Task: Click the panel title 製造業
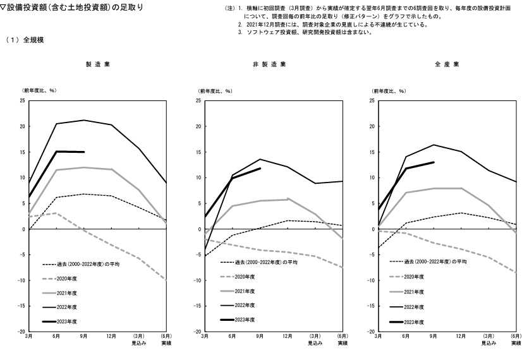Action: click(x=98, y=64)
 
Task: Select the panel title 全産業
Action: click(x=447, y=64)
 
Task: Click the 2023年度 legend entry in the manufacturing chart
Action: click(x=67, y=321)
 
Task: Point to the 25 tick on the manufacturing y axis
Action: click(x=23, y=100)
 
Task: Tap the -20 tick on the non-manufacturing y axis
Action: click(x=198, y=332)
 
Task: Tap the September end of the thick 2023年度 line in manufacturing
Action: click(x=84, y=152)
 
